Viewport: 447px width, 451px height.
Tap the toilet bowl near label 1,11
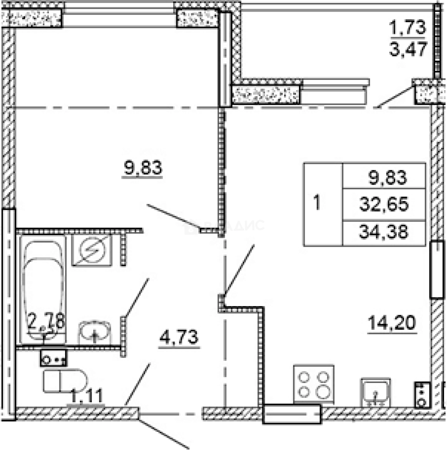pos(65,380)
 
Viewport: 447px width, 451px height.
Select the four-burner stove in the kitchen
pos(314,385)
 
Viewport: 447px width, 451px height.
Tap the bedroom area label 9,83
pos(142,169)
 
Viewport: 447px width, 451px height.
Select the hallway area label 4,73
pos(178,337)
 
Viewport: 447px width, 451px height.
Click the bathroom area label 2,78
pos(46,322)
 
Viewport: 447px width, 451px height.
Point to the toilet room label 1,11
pos(87,395)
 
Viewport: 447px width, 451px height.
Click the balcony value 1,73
pos(407,28)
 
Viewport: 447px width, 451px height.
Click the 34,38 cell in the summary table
pos(383,232)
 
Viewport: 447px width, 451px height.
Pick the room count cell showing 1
pos(318,204)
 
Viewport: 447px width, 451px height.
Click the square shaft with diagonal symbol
pos(92,250)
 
